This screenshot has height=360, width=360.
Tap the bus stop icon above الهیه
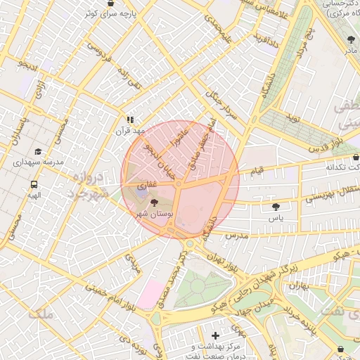(34, 184)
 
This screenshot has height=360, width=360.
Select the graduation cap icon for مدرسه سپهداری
(37, 151)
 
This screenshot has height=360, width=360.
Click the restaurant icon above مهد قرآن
(129, 120)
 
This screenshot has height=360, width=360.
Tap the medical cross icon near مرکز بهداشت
(215, 335)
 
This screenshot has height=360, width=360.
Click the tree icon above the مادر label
(351, 39)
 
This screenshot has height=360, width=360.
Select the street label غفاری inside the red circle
(146, 184)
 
